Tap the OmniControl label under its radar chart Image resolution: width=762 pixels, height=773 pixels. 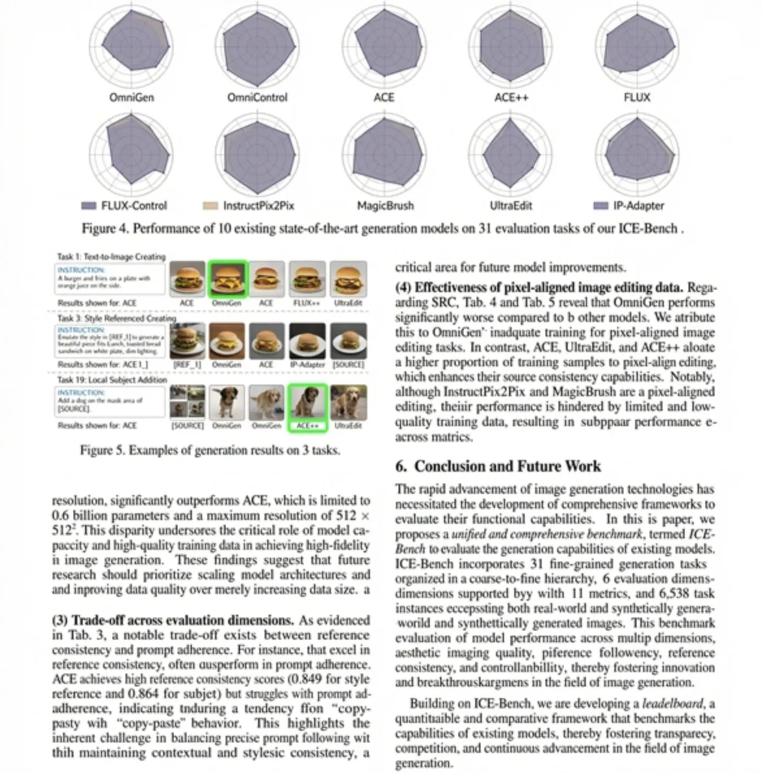(x=257, y=97)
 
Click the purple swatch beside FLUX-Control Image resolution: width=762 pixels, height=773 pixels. (x=88, y=206)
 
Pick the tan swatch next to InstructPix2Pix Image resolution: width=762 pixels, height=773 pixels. (x=210, y=206)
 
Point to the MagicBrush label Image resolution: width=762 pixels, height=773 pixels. (x=385, y=206)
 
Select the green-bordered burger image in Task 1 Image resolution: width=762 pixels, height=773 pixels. (x=227, y=278)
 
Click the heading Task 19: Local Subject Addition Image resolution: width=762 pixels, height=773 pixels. (x=112, y=379)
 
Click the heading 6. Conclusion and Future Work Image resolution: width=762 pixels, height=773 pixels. (x=498, y=466)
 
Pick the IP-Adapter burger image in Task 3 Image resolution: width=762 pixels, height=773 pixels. (x=307, y=341)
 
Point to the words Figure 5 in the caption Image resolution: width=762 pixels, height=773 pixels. (x=102, y=450)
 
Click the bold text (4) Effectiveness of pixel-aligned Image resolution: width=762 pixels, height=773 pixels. (x=539, y=288)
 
